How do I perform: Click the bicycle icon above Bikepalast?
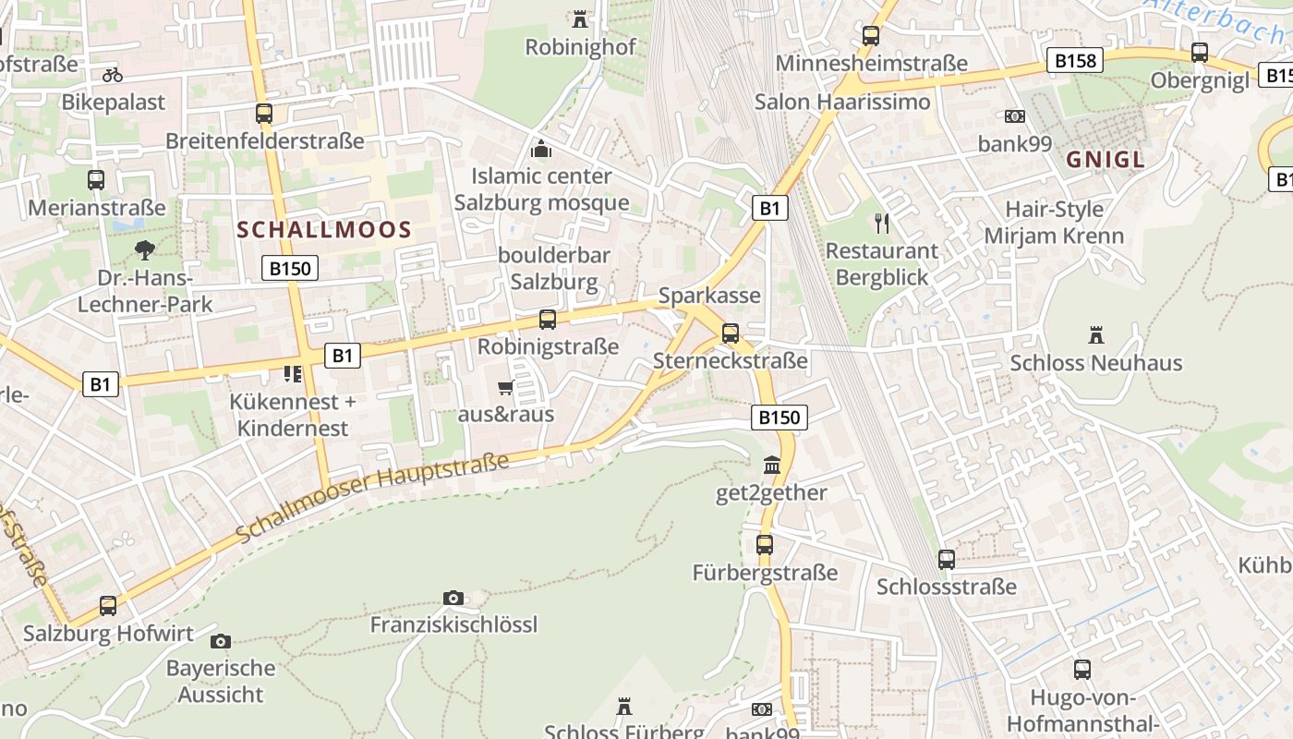pyautogui.click(x=113, y=75)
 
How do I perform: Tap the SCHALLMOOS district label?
pyautogui.click(x=323, y=231)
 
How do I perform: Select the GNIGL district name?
pyautogui.click(x=1106, y=160)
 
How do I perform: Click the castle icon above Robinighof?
pyautogui.click(x=580, y=18)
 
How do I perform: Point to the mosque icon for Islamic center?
pyautogui.click(x=541, y=149)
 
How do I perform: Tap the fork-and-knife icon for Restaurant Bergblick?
pyautogui.click(x=882, y=223)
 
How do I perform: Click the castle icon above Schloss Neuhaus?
pyautogui.click(x=1096, y=334)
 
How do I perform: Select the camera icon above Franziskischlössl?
pyautogui.click(x=453, y=598)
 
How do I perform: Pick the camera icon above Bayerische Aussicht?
pyautogui.click(x=221, y=641)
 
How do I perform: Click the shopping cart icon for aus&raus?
pyautogui.click(x=505, y=387)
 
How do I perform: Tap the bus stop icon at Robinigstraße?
pyautogui.click(x=548, y=320)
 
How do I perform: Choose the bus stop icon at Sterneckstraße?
pyautogui.click(x=731, y=333)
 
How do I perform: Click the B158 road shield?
pyautogui.click(x=1075, y=61)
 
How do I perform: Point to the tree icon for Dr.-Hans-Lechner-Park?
pyautogui.click(x=144, y=249)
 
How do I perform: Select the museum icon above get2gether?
pyautogui.click(x=771, y=465)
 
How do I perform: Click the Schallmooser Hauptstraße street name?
pyautogui.click(x=372, y=498)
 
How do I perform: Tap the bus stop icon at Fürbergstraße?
pyautogui.click(x=765, y=545)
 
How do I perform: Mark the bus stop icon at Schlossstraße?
pyautogui.click(x=947, y=559)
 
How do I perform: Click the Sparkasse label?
pyautogui.click(x=709, y=296)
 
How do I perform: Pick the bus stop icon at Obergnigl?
pyautogui.click(x=1200, y=53)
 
